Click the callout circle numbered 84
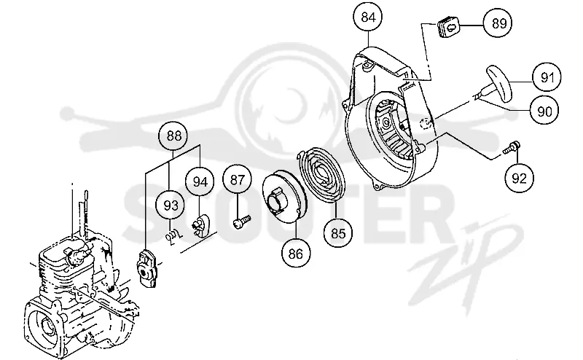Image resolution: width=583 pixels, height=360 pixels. click(x=368, y=17)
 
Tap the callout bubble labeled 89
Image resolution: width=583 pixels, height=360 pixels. click(x=498, y=23)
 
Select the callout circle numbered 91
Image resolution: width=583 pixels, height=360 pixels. click(x=546, y=77)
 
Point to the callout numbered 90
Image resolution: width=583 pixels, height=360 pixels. click(x=544, y=111)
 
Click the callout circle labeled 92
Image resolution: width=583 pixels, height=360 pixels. click(x=519, y=178)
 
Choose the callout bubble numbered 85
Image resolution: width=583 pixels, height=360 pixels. click(x=338, y=233)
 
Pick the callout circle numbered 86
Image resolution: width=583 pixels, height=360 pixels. click(x=296, y=254)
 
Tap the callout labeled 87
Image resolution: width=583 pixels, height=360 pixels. click(x=238, y=179)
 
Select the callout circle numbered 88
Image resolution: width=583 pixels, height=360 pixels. click(x=173, y=136)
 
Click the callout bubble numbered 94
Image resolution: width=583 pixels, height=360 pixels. click(x=200, y=182)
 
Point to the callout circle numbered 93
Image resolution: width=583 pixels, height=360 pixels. click(x=171, y=206)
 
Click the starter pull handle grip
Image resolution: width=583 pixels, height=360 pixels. click(x=499, y=83)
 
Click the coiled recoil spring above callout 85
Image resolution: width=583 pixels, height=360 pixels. click(x=323, y=176)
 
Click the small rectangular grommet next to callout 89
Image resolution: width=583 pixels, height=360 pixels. click(x=447, y=27)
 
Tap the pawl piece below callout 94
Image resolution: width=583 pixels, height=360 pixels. click(x=201, y=225)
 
